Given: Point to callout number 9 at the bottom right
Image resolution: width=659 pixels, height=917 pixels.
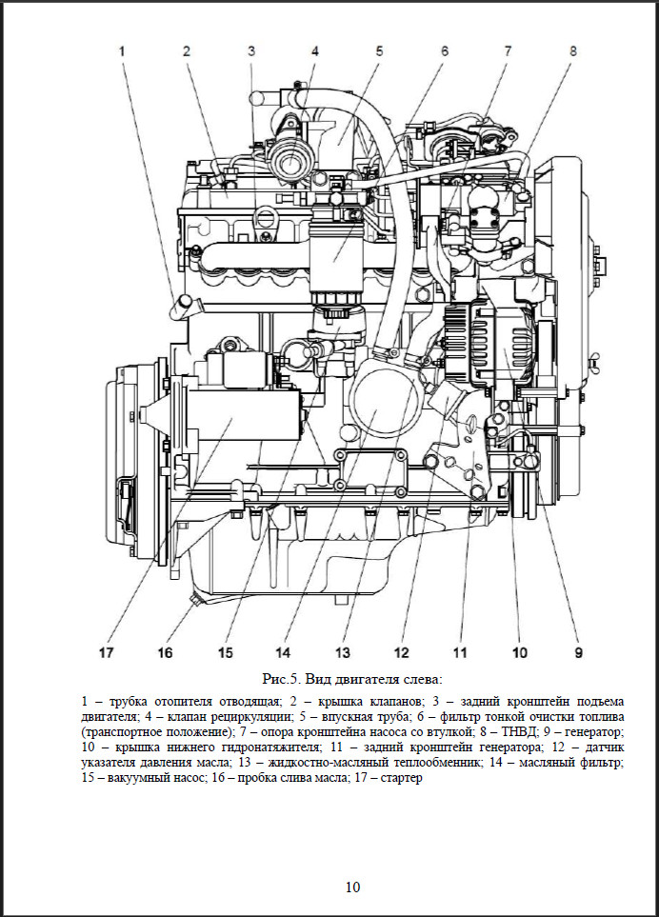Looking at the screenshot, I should (x=578, y=652).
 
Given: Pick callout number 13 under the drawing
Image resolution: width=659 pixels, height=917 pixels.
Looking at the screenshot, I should (x=343, y=652).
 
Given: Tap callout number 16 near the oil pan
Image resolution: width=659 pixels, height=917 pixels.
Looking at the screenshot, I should (x=165, y=652).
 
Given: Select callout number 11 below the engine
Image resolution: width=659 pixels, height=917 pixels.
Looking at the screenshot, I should (x=461, y=652).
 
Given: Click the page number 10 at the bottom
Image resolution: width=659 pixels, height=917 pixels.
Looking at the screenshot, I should (x=352, y=887).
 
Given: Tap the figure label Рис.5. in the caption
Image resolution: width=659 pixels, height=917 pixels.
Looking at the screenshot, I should (x=283, y=679).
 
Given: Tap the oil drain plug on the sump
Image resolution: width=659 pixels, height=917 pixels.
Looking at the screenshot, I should (x=194, y=600).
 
